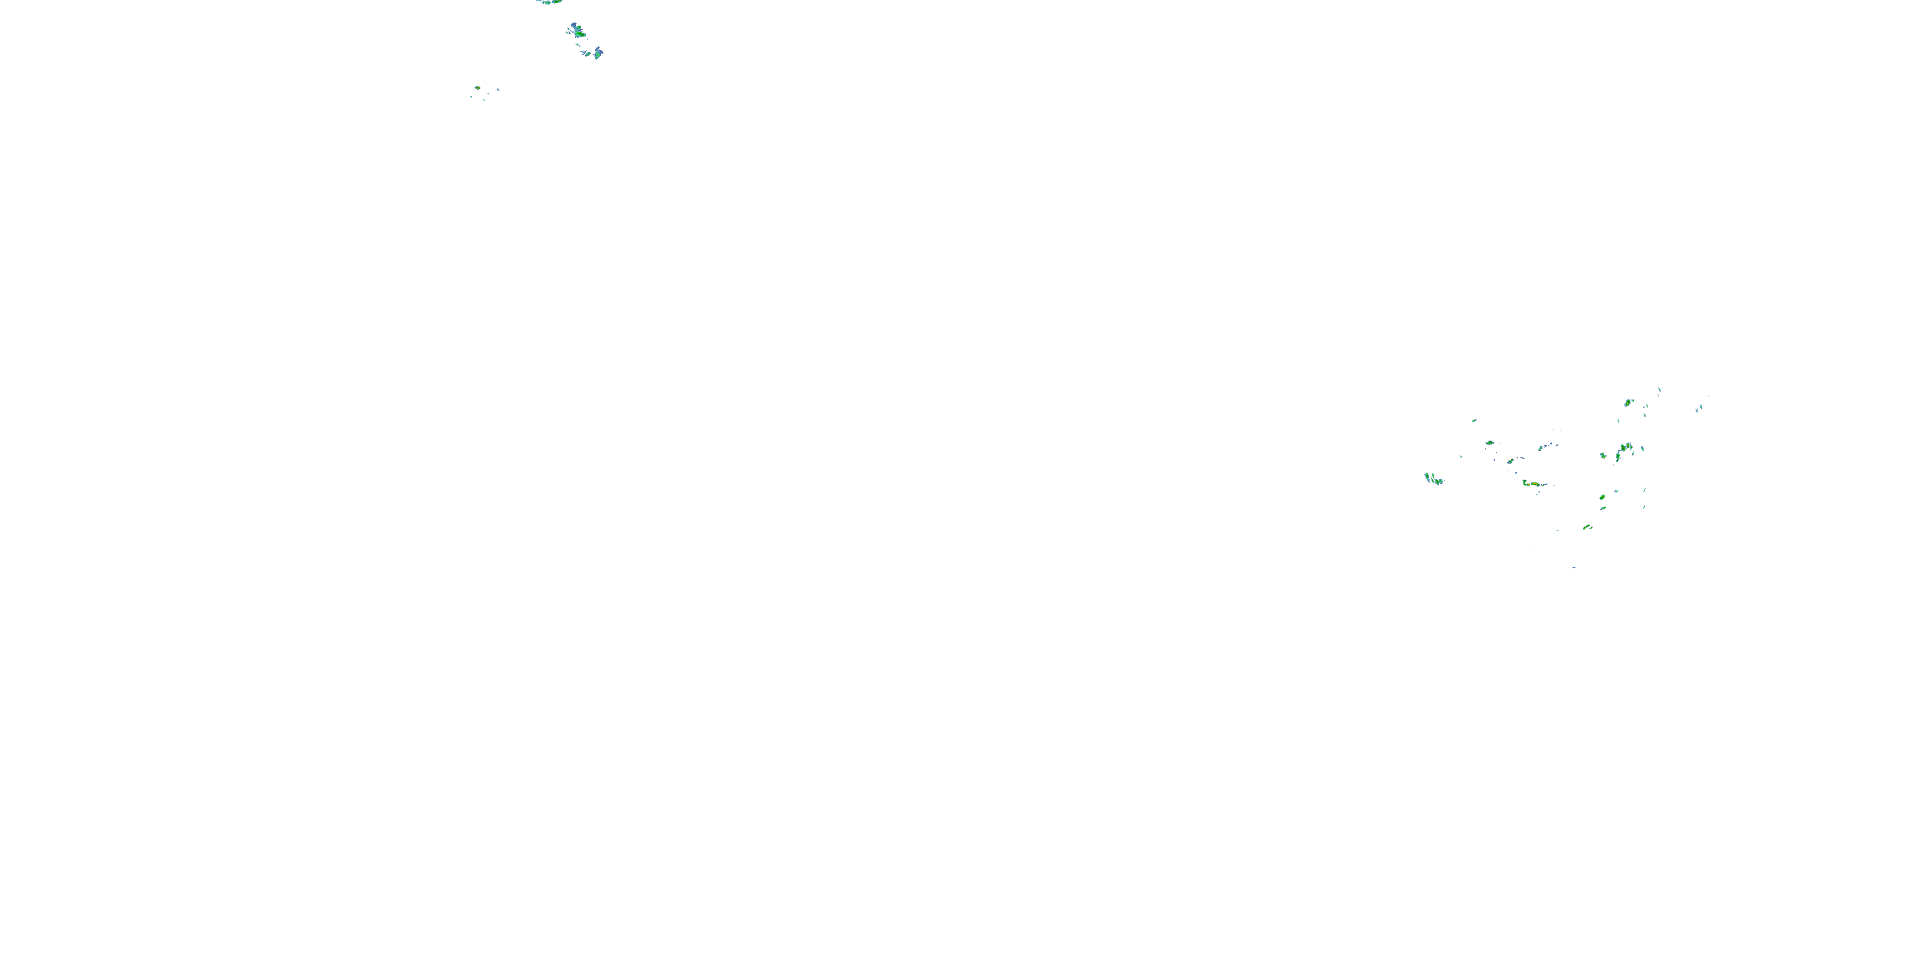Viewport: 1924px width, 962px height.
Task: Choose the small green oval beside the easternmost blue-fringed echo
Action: tap(588, 55)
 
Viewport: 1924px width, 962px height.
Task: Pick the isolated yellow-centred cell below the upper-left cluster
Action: tap(477, 88)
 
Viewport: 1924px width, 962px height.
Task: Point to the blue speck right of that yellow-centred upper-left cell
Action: tap(498, 90)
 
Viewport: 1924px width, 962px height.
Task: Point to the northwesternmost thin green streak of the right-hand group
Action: tap(1474, 421)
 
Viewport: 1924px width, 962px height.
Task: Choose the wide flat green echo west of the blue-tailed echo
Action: tap(1489, 443)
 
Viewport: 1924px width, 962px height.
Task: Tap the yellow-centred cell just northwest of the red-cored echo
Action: tap(1510, 461)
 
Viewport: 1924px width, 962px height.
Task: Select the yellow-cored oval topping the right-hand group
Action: tap(1628, 403)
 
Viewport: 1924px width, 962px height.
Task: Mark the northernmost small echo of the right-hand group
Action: tap(1660, 389)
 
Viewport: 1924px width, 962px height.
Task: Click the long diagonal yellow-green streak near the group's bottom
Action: tap(1587, 527)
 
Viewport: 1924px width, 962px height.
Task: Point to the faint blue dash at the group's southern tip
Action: tap(1574, 568)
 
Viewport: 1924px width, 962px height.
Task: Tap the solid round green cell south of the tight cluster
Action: tap(1601, 498)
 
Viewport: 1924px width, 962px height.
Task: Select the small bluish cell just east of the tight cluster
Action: tap(1642, 449)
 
